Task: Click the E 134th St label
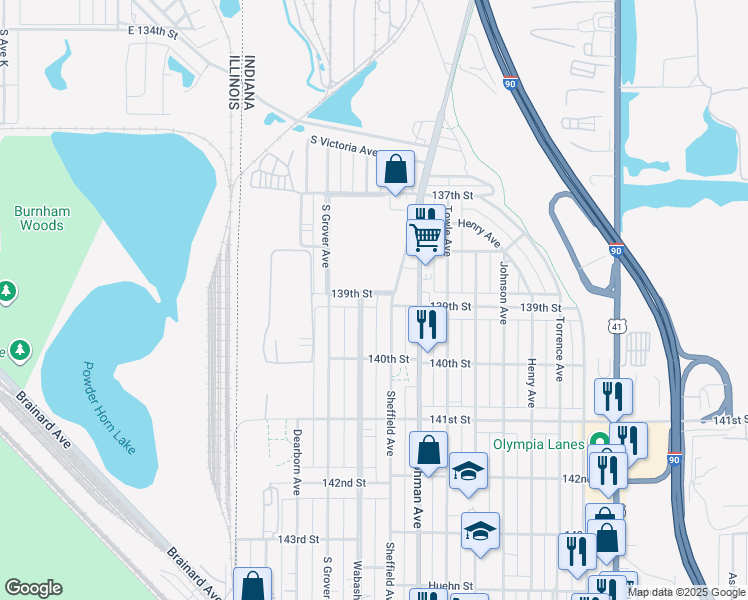[x=152, y=33]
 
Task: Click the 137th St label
[x=451, y=195]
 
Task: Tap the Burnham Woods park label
[x=39, y=218]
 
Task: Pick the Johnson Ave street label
[x=503, y=293]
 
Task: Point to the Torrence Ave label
[x=560, y=351]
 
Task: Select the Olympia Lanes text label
[x=539, y=442]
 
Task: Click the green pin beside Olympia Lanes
[x=599, y=441]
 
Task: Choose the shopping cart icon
[x=425, y=238]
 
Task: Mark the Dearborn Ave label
[x=297, y=462]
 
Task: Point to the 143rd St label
[x=298, y=539]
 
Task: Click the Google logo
[x=33, y=588]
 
